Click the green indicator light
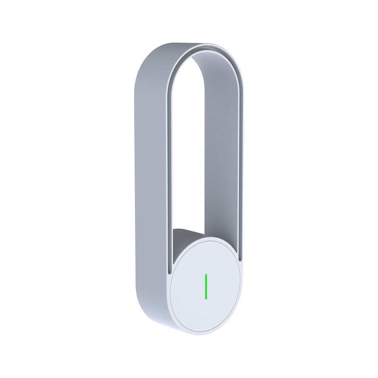[206, 286]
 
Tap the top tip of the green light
[206, 275]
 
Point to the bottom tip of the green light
[206, 297]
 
